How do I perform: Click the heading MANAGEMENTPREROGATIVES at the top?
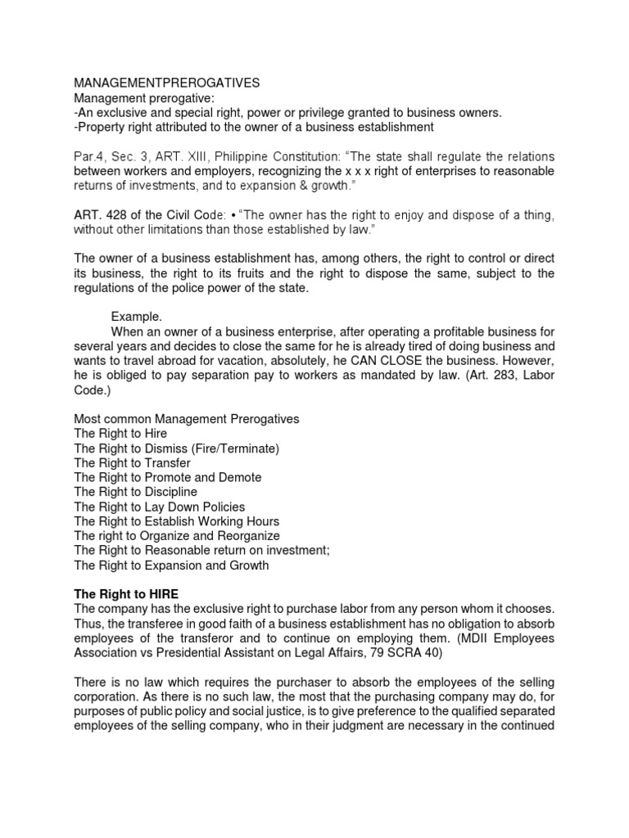click(167, 83)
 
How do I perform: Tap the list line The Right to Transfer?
click(132, 462)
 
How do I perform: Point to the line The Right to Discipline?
click(135, 492)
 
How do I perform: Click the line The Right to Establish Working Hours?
click(176, 521)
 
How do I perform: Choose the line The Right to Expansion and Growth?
click(171, 565)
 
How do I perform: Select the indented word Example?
click(137, 317)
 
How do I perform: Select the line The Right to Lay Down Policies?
click(159, 507)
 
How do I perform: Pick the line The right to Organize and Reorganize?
click(177, 536)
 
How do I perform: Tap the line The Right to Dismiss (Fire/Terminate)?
click(177, 448)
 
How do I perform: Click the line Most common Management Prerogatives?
click(187, 418)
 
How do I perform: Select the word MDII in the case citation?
click(467, 638)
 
